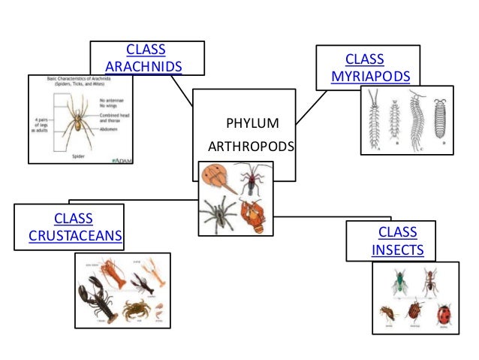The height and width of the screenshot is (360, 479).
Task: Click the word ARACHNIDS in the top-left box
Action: (144, 67)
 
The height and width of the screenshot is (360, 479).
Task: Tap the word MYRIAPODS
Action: (370, 77)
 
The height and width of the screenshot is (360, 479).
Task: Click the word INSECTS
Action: (397, 250)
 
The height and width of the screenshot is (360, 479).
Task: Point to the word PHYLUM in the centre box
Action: (252, 123)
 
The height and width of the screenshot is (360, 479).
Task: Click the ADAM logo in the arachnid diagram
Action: (119, 159)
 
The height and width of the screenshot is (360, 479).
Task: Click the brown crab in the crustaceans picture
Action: (137, 307)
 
